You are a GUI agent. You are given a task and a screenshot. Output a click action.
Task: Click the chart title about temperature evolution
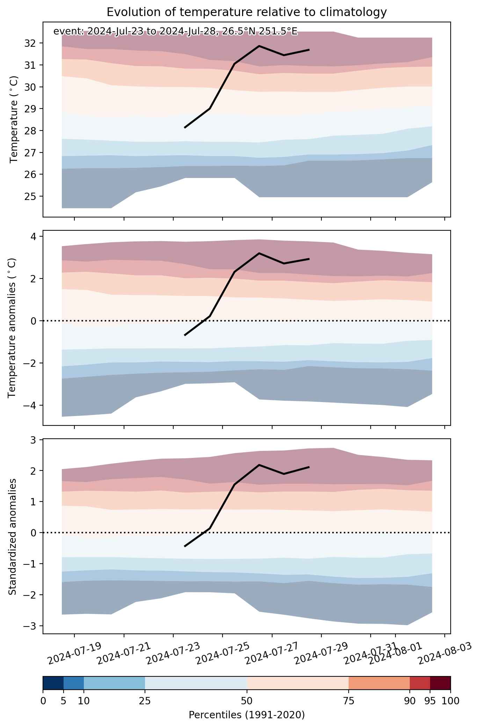click(247, 12)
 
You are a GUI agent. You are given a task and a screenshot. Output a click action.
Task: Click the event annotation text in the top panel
click(175, 32)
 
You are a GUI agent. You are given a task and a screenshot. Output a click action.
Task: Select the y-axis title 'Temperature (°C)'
click(14, 119)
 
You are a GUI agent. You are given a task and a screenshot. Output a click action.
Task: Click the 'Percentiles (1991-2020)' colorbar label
click(247, 715)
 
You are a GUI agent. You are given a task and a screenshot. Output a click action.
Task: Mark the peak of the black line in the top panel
click(259, 46)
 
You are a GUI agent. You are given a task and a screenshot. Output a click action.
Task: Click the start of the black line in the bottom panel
click(185, 546)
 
